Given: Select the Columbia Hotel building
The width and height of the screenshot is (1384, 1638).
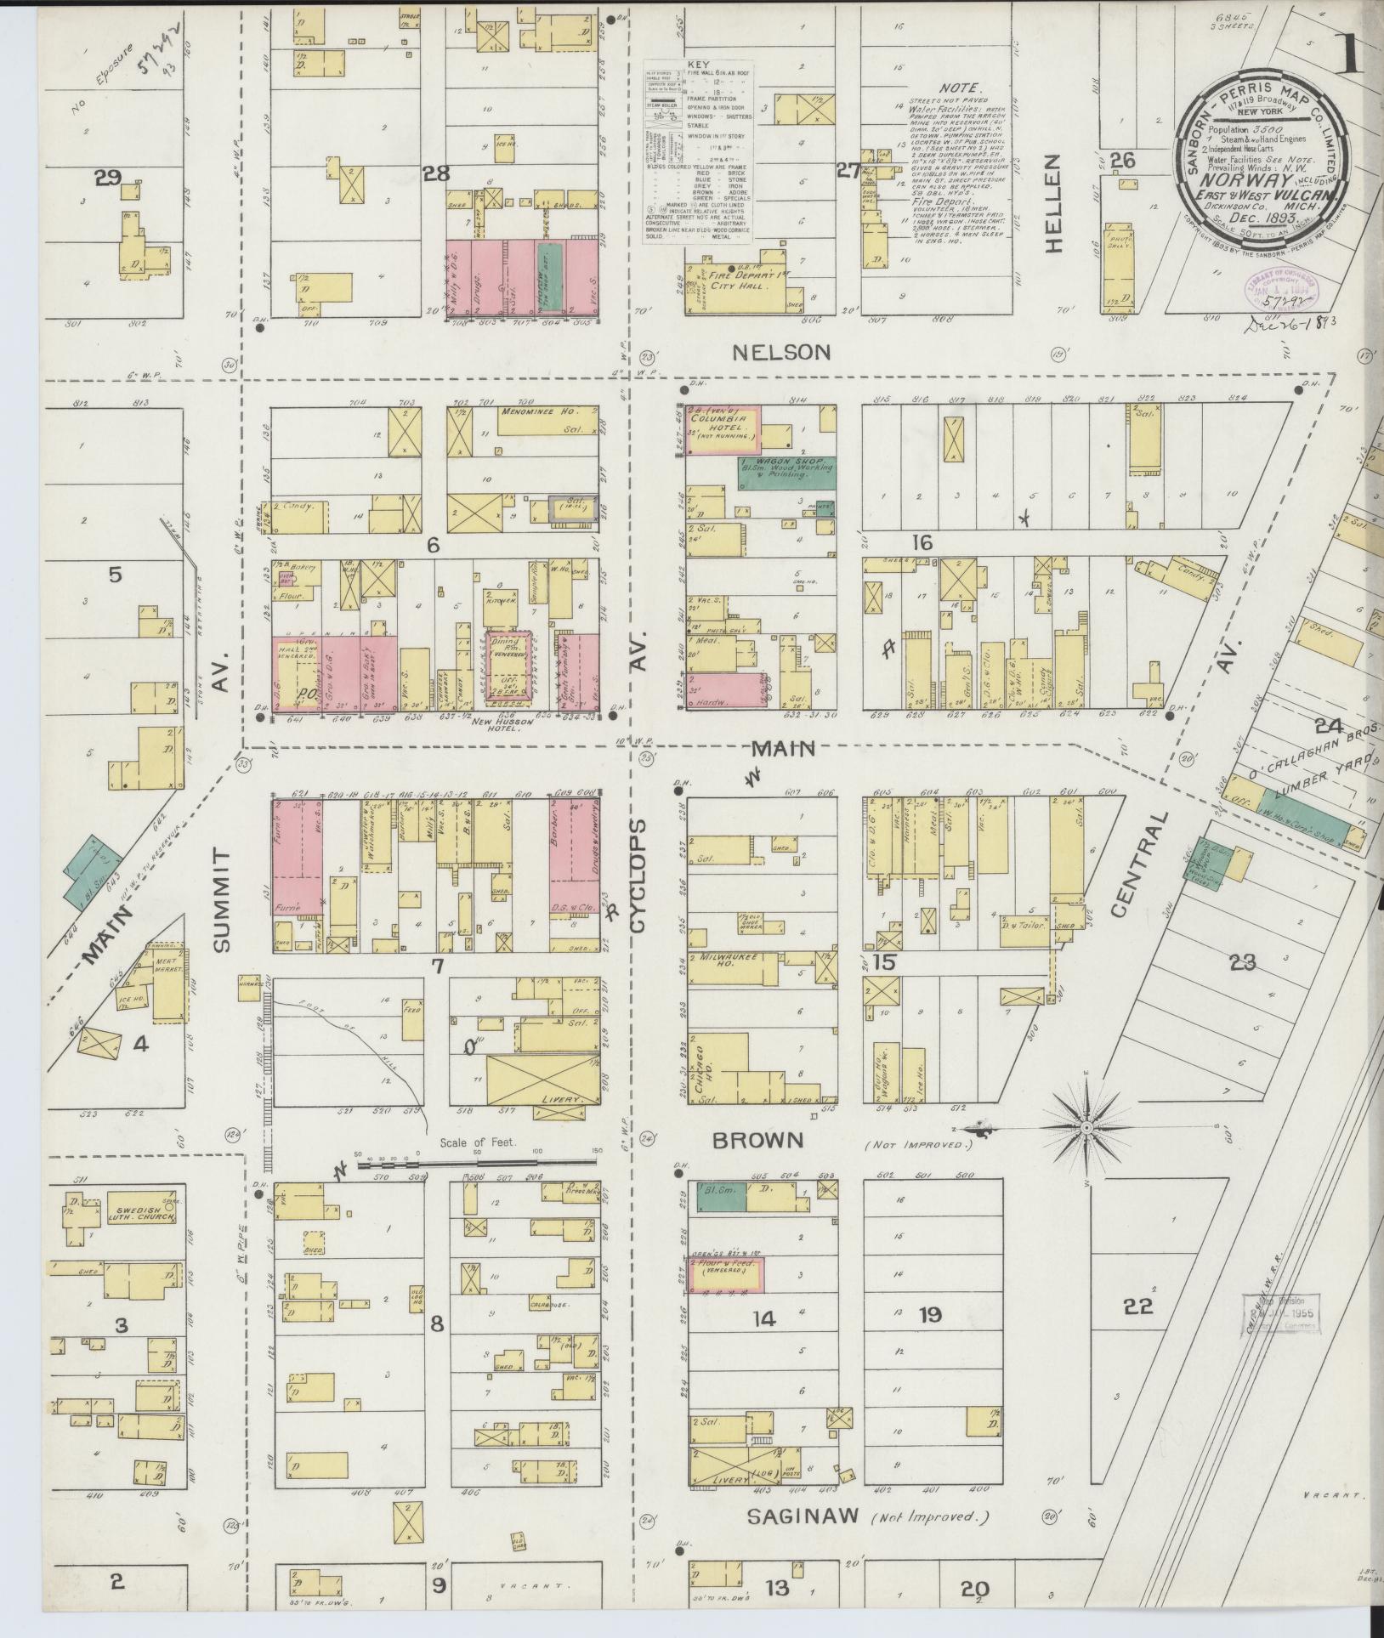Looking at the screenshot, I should point(723,428).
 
